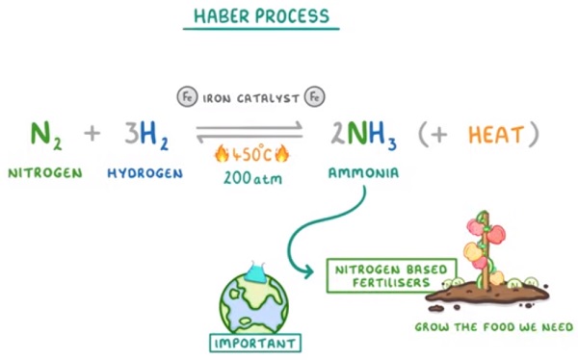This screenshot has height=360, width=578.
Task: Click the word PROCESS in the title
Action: click(x=292, y=16)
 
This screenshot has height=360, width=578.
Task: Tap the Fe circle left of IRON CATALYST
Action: click(x=187, y=97)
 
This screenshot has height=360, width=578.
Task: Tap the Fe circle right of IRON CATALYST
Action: click(x=314, y=97)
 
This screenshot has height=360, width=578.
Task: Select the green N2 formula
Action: click(x=45, y=135)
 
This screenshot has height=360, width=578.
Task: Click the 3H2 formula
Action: click(x=146, y=135)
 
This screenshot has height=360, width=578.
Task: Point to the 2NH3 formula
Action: click(x=363, y=135)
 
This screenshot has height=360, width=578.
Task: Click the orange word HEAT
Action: click(x=496, y=135)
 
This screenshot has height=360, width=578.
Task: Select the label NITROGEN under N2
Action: click(x=45, y=173)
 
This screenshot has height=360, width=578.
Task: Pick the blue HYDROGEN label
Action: click(x=144, y=173)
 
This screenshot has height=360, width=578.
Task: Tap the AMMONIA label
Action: click(x=363, y=173)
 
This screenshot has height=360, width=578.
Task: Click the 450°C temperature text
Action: click(x=251, y=154)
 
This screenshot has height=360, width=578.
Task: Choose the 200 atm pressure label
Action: click(x=252, y=179)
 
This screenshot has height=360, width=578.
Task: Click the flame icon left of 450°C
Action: click(x=222, y=154)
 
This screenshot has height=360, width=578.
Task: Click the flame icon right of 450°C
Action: click(x=282, y=154)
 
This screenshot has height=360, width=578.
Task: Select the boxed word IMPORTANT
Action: click(x=255, y=344)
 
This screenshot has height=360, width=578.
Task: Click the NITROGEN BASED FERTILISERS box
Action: click(x=391, y=276)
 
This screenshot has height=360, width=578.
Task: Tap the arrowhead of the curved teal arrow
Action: click(x=308, y=272)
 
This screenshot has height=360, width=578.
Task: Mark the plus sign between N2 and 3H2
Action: click(x=92, y=134)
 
